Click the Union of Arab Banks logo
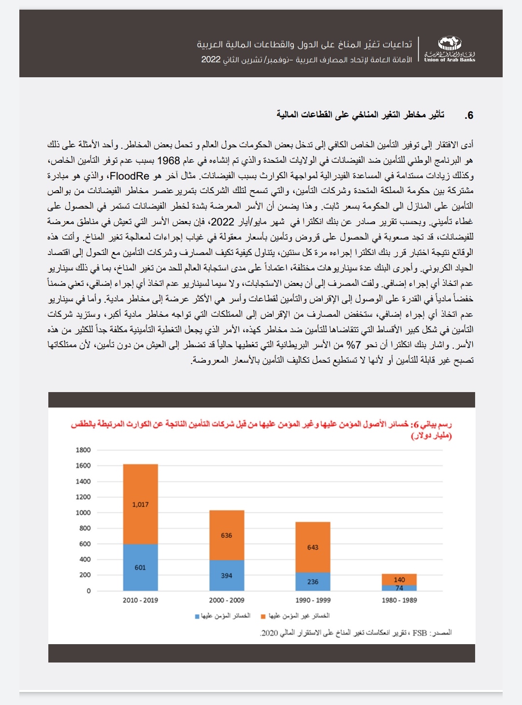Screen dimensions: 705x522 pos(449,50)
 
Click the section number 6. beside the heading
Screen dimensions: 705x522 pos(468,115)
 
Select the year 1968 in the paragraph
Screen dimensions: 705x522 pos(169,160)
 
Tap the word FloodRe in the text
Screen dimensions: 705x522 pos(130,176)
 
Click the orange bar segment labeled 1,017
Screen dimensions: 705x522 pos(140,504)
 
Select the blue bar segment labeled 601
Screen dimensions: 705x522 pos(140,567)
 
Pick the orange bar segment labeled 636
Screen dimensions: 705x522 pos(226,535)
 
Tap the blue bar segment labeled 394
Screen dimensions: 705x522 pos(226,575)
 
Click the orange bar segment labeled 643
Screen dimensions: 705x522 pos(313,547)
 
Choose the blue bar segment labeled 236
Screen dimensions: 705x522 pos(313,581)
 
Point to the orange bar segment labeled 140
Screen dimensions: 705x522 pos(399,579)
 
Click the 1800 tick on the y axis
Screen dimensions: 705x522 pos(83,450)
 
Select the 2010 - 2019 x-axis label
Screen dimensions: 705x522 pos(140,600)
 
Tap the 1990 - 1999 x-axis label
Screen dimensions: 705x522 pos(313,600)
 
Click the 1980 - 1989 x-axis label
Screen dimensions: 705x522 pos(399,600)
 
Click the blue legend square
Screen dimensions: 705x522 pos(197,617)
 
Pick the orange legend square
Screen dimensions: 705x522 pos(263,617)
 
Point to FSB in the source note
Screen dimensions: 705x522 pos(420,633)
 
